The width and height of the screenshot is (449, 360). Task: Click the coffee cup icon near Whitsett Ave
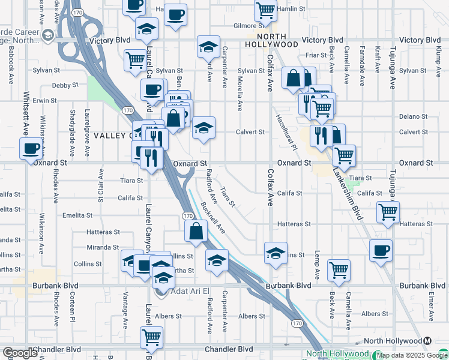coord(31,148)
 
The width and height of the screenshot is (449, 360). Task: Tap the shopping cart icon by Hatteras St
coord(388,211)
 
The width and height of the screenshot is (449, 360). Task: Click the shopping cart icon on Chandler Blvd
coord(151,337)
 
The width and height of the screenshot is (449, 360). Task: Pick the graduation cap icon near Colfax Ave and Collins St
coord(276,253)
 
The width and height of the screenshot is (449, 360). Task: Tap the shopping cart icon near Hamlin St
coord(265,10)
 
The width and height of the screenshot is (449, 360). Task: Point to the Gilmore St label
coord(249,26)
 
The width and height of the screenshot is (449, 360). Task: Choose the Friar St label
coord(315,55)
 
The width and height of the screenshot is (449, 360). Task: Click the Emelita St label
coord(77,215)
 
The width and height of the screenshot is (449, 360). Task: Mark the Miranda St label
coord(103,247)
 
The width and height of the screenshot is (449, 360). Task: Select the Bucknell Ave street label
coord(213,217)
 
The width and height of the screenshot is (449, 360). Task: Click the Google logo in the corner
coord(20,353)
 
